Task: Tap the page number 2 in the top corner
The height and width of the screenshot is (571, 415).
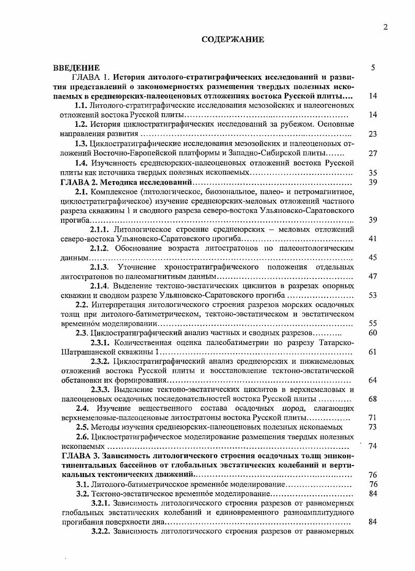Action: pos(385,28)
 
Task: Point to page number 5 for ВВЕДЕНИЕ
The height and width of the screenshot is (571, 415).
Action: pos(372,68)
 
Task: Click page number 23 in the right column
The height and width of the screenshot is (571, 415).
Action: pos(372,134)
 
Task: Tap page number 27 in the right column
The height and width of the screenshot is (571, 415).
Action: pos(372,153)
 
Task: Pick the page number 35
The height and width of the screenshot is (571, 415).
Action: pos(372,172)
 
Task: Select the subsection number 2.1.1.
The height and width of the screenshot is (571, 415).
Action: pos(100,229)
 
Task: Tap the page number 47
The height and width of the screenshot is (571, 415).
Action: pos(372,277)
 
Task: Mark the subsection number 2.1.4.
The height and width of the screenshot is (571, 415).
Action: pos(100,286)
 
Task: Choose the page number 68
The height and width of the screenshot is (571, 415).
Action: pos(372,399)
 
